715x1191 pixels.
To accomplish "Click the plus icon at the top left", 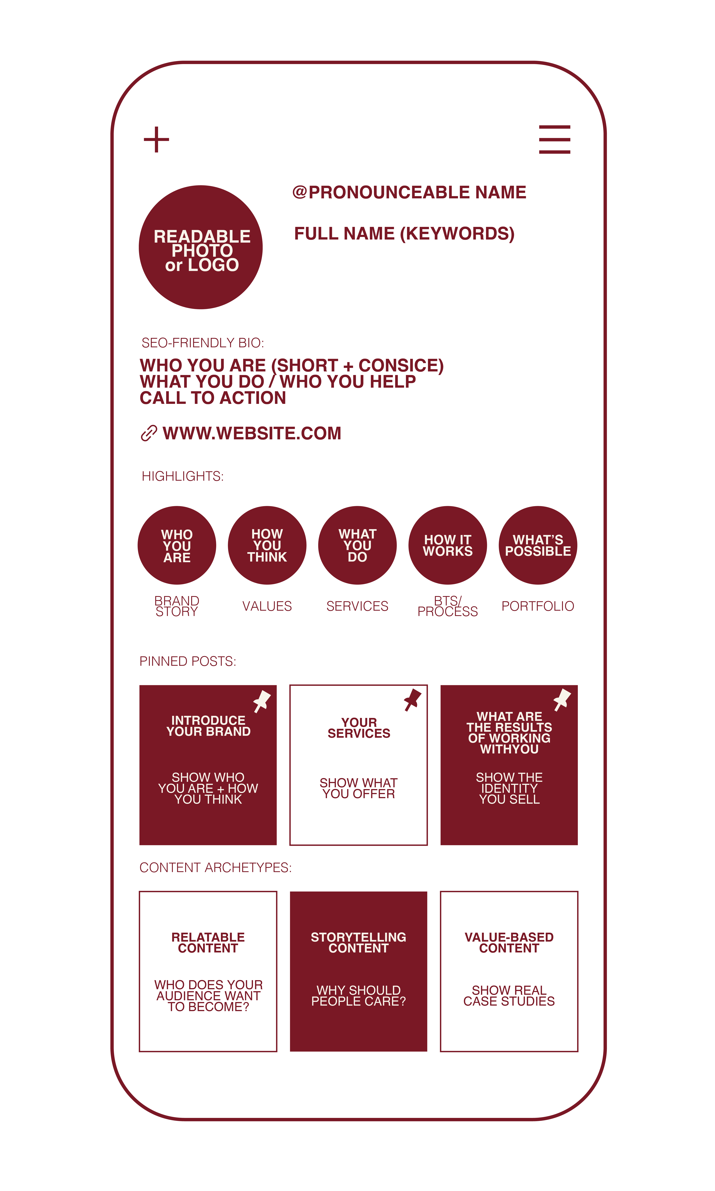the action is [156, 140].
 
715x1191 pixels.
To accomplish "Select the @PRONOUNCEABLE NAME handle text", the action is [409, 192].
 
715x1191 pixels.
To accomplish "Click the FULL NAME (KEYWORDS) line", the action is [404, 234].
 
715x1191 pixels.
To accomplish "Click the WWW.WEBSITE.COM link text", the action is [252, 433].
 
